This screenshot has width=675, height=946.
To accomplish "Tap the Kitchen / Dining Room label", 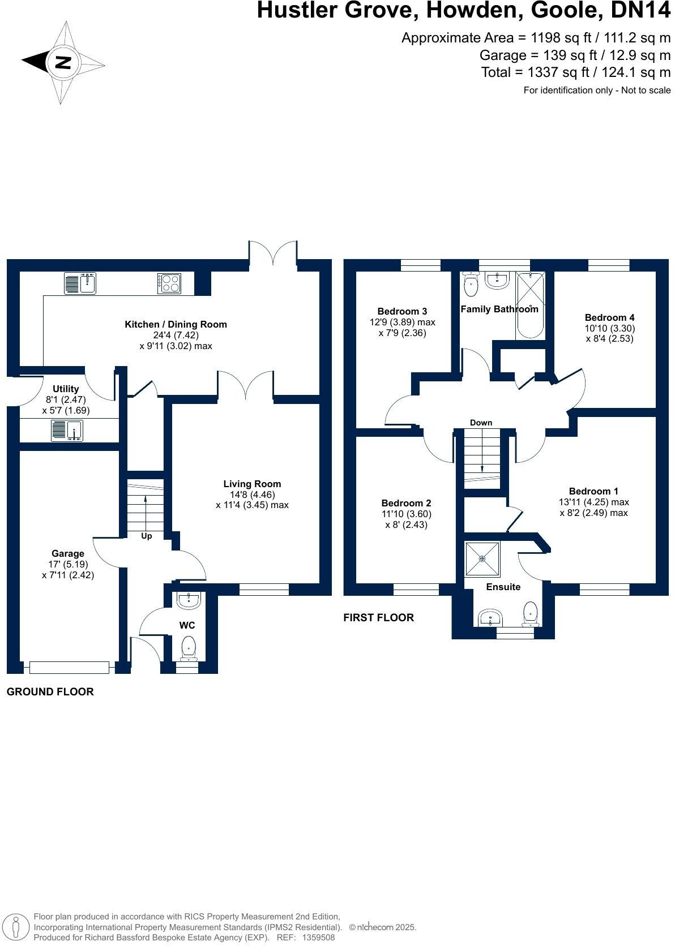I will (176, 324).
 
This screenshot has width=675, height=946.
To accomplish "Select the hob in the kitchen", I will (170, 283).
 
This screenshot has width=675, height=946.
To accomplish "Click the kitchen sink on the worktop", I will (80, 283).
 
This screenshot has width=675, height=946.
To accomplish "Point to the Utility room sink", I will (67, 431).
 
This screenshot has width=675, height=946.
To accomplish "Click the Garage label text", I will (68, 553).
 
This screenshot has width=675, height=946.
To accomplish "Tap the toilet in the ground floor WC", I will (188, 648).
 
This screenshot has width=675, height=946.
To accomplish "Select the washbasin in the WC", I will (188, 601).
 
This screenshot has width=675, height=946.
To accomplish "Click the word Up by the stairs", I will (146, 536).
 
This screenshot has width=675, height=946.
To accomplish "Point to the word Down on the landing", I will (481, 423).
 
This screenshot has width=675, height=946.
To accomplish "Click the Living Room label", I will (252, 484).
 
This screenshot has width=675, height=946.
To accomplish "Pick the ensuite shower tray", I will (482, 559).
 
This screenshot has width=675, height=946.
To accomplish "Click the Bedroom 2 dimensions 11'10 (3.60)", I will (406, 514).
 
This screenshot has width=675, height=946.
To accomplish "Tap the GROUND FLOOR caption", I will (50, 691).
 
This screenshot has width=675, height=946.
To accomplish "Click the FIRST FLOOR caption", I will (378, 618).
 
